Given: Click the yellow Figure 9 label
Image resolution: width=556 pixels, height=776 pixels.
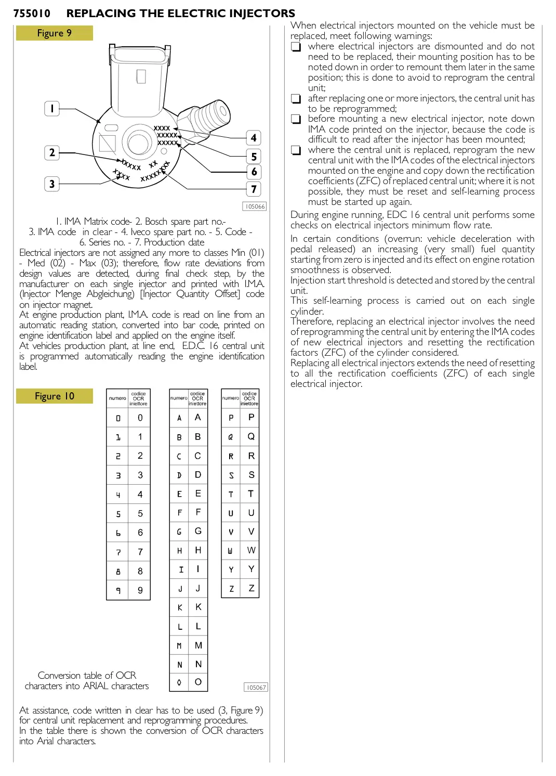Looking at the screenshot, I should tap(54, 33).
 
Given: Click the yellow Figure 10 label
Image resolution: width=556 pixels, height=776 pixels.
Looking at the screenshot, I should tap(54, 396).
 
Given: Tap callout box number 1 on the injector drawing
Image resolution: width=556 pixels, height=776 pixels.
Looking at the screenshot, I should tap(52, 109).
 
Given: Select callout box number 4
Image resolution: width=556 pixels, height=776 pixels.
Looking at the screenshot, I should tap(253, 138).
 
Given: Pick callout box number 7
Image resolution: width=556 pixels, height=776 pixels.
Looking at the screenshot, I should tap(253, 189).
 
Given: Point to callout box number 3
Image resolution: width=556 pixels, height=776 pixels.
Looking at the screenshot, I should tap(52, 184).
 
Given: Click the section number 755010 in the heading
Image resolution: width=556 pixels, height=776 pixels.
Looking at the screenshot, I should tap(32, 14).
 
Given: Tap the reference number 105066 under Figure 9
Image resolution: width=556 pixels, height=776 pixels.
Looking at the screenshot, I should tap(255, 206).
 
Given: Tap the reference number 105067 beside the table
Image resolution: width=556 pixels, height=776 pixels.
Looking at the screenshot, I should tap(256, 687).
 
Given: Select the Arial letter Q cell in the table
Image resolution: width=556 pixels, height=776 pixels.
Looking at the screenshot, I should tap(251, 436).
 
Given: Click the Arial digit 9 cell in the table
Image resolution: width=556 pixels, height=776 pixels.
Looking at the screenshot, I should tap(140, 590).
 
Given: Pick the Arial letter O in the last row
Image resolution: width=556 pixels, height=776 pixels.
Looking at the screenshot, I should tap(198, 682).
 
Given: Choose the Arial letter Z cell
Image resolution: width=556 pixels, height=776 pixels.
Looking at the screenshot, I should tap(251, 588).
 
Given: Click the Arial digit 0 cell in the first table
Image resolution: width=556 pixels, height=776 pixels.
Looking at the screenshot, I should tap(140, 418).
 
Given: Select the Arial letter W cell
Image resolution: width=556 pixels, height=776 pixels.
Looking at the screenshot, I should tap(251, 550).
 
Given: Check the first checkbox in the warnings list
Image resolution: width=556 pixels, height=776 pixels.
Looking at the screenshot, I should tap(296, 47).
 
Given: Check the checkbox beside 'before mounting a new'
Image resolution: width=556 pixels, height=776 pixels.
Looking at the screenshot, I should tap(296, 119).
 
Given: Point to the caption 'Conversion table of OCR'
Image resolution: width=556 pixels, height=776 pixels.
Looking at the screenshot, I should tap(87, 675).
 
